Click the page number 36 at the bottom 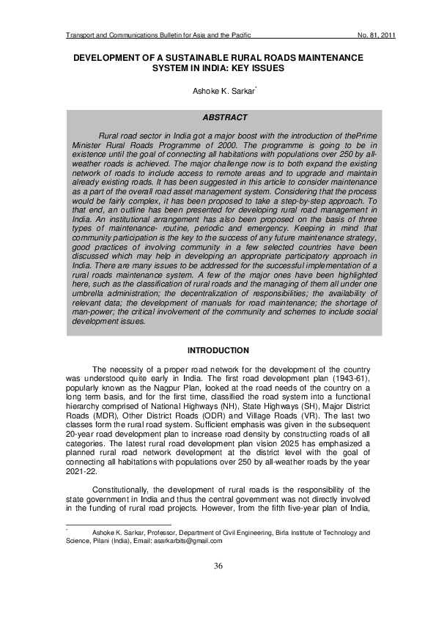tap(218, 566)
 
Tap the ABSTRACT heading tap(224, 117)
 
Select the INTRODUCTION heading tap(218, 350)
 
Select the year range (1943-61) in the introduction tap(346, 378)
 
